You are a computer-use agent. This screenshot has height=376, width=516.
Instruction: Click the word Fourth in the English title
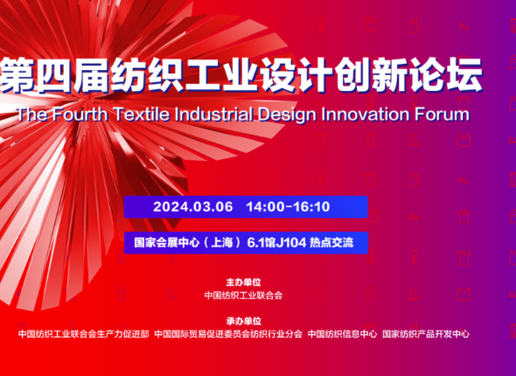(80, 115)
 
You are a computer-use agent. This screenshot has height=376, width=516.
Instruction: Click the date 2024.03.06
(192, 206)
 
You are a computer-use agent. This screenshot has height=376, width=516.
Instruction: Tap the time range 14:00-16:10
(288, 206)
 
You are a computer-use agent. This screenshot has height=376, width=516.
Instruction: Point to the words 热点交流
(331, 243)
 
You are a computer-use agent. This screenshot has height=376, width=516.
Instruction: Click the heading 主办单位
(243, 282)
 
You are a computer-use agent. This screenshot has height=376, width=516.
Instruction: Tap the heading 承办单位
(243, 321)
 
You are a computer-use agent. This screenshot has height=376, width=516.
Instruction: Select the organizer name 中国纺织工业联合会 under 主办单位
(243, 295)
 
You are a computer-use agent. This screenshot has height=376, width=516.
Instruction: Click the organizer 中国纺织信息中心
(342, 334)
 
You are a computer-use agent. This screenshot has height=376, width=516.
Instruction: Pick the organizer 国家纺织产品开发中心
(426, 334)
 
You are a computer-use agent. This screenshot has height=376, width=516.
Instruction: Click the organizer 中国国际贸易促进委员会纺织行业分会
(228, 334)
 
